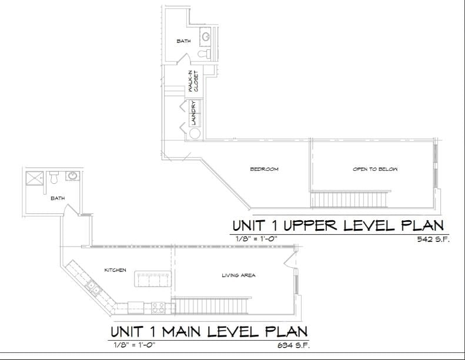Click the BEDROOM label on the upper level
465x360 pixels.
pos(264,169)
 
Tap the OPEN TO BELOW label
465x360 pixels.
pos(375,169)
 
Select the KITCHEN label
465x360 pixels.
pos(115,270)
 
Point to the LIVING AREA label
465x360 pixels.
pos(238,275)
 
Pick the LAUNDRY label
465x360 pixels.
pos(193,112)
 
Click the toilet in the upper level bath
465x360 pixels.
pos(203,53)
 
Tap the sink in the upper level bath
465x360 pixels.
pos(206,36)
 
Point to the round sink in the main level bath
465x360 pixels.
pos(73,176)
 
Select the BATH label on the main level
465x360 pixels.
pos(58,198)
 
